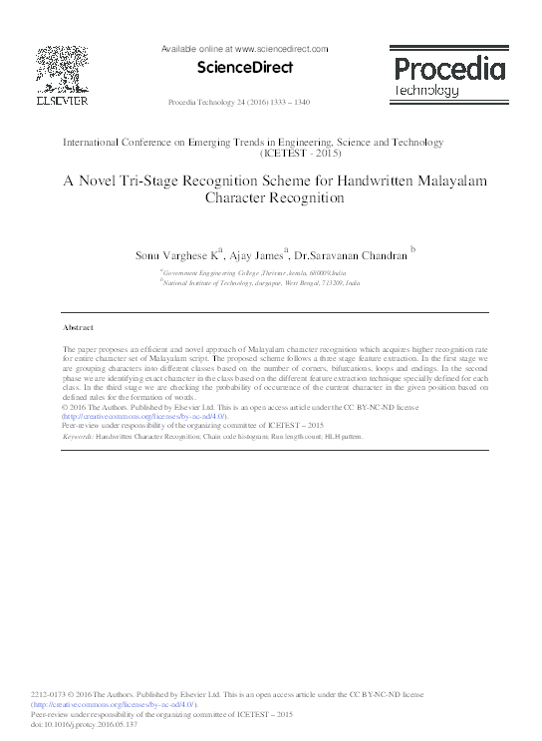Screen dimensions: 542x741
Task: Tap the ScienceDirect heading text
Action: tap(244, 68)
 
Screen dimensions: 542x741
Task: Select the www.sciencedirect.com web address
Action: tap(282, 48)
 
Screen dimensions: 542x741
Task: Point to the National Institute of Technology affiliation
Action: tap(261, 283)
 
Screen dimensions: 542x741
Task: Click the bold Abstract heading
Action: tap(78, 327)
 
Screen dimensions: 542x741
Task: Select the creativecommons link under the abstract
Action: tap(145, 417)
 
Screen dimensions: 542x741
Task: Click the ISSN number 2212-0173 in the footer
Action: tap(50, 693)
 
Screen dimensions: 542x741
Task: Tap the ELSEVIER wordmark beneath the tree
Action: tap(62, 101)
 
